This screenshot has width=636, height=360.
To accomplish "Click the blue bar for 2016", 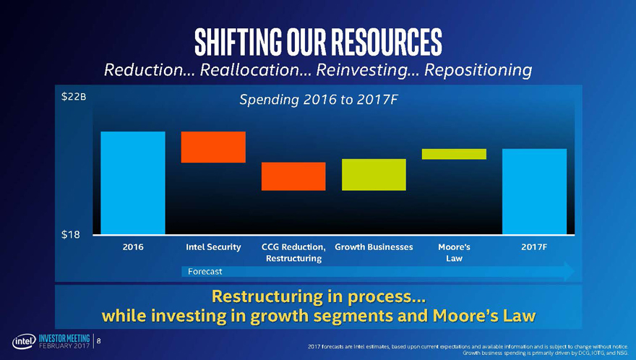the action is pyautogui.click(x=133, y=183).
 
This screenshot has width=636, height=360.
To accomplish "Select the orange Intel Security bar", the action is pyautogui.click(x=213, y=147).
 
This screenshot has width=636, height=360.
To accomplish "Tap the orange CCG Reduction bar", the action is pyautogui.click(x=293, y=176).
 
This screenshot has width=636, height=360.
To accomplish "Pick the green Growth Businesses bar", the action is pyautogui.click(x=374, y=174).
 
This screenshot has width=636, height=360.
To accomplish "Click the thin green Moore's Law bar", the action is pyautogui.click(x=455, y=154).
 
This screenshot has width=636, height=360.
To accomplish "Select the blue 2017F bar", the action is pyautogui.click(x=535, y=192).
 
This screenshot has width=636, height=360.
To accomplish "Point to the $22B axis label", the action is pyautogui.click(x=74, y=97).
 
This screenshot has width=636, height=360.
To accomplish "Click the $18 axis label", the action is pyautogui.click(x=71, y=234).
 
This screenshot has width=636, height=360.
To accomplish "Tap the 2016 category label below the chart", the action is pyautogui.click(x=133, y=247).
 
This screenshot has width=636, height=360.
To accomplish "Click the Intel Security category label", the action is pyautogui.click(x=213, y=247).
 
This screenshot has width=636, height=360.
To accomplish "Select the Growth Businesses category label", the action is pyautogui.click(x=374, y=247).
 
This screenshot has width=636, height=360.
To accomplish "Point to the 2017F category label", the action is pyautogui.click(x=534, y=247).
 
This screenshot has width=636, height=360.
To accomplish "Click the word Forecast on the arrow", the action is pyautogui.click(x=205, y=272).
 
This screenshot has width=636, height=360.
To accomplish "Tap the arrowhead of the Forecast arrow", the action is pyautogui.click(x=570, y=271).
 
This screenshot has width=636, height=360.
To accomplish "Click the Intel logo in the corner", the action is pyautogui.click(x=25, y=342).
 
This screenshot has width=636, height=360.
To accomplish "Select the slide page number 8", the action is pyautogui.click(x=98, y=341).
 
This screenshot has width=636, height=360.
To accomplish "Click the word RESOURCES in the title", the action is pyautogui.click(x=386, y=42).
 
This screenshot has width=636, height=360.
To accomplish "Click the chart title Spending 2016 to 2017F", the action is pyautogui.click(x=319, y=100).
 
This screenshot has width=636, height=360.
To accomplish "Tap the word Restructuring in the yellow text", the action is pyautogui.click(x=263, y=296).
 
